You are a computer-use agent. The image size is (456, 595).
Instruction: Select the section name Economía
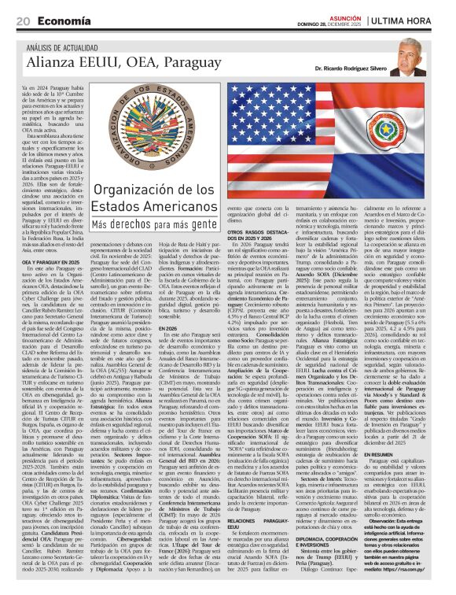coord(62,21)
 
